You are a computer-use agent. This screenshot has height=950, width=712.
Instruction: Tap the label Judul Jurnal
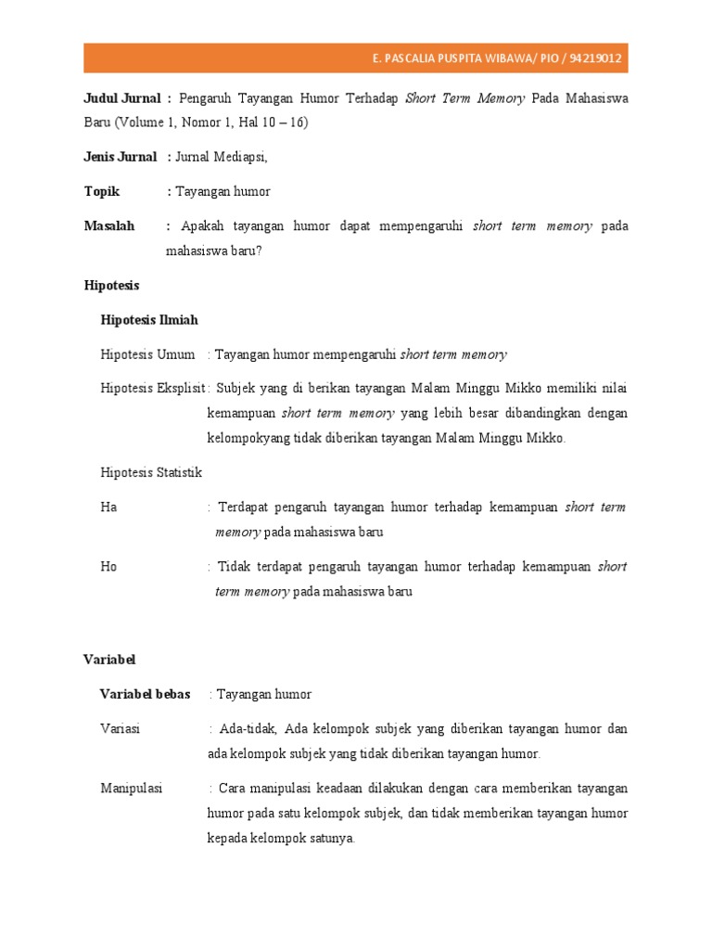tap(121, 98)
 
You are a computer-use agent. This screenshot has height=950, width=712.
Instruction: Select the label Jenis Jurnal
tap(120, 157)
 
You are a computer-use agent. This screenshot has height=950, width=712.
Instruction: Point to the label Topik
tap(103, 191)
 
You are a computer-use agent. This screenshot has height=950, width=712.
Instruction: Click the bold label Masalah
tap(108, 225)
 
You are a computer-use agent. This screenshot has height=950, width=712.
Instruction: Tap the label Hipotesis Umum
tap(147, 354)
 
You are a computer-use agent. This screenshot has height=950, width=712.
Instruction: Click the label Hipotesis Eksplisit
tap(152, 388)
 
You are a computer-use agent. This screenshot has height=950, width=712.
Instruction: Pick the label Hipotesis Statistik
tap(151, 472)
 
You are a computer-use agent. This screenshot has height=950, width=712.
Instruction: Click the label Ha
tap(108, 507)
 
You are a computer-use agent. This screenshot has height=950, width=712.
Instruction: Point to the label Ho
tap(108, 566)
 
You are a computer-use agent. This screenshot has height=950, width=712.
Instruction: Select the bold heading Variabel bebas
tap(145, 694)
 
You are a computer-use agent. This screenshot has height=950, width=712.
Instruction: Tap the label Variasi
tap(120, 729)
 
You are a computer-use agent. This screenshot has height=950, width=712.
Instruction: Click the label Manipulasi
tap(131, 789)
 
